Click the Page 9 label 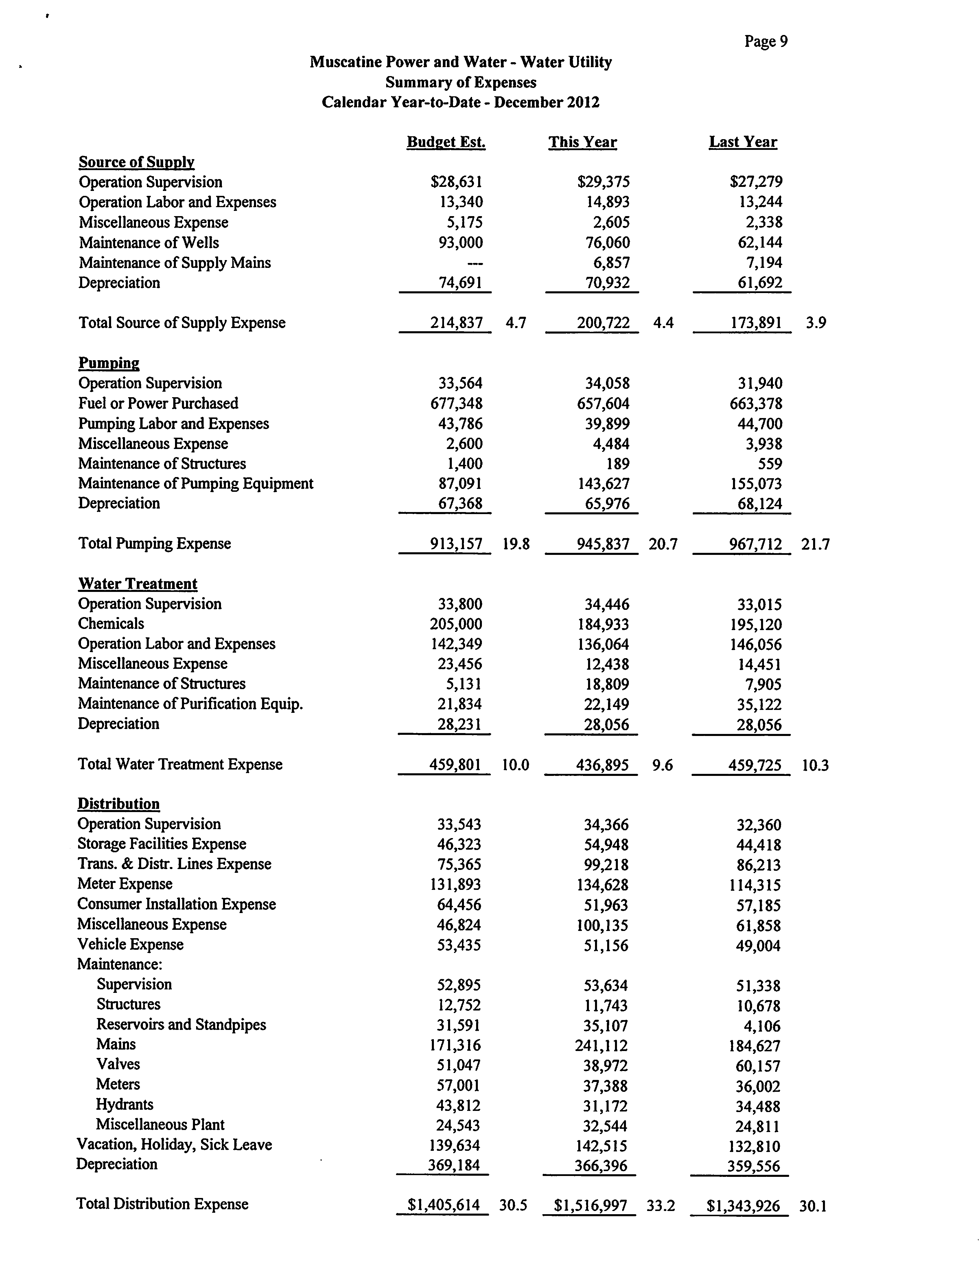[766, 41]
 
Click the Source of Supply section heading [137, 162]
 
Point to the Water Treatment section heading [138, 584]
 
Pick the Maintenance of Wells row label [149, 243]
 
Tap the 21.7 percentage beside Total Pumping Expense [815, 544]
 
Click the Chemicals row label [111, 624]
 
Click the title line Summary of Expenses [461, 82]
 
